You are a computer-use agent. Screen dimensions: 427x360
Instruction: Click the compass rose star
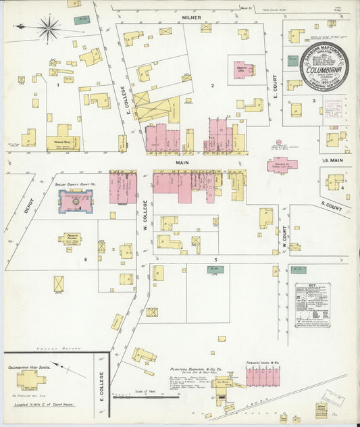tap(48, 28)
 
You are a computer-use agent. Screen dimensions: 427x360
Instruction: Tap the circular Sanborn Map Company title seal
tap(324, 66)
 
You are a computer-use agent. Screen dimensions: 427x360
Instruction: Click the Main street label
tap(182, 162)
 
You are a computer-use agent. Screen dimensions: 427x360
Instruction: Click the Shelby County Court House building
tap(76, 200)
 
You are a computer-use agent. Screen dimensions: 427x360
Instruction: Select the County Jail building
tap(242, 70)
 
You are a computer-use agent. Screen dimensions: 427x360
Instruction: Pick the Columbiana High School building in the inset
tap(31, 379)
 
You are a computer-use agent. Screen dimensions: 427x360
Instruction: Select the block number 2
tap(212, 86)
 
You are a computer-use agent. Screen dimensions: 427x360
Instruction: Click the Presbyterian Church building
tap(72, 238)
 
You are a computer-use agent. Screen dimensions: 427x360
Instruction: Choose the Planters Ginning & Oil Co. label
tap(197, 370)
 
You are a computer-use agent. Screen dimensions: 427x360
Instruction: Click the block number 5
tap(215, 259)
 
